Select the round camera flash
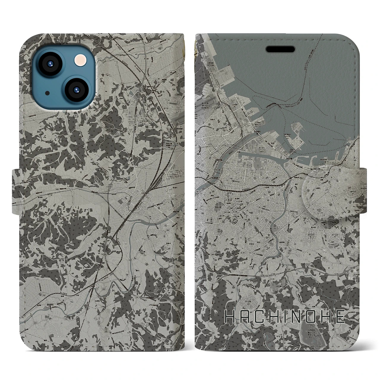[79, 61]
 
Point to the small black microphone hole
[47, 93]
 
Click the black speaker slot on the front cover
[280, 49]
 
